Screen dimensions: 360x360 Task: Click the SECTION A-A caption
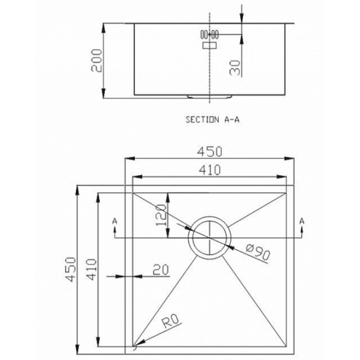pyautogui.click(x=212, y=120)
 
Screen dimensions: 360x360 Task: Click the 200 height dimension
pyautogui.click(x=96, y=61)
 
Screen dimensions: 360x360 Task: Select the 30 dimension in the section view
pyautogui.click(x=235, y=68)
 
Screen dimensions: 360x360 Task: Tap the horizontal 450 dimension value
pyautogui.click(x=210, y=152)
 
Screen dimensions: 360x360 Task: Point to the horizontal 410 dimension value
pyautogui.click(x=210, y=170)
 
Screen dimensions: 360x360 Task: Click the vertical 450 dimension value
pyautogui.click(x=70, y=269)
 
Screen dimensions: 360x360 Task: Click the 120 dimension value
pyautogui.click(x=161, y=215)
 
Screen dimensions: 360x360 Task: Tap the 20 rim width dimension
pyautogui.click(x=161, y=270)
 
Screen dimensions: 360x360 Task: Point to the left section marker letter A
pyautogui.click(x=115, y=221)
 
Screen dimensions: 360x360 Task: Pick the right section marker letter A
pyautogui.click(x=302, y=221)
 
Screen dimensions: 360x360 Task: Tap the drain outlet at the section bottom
pyautogui.click(x=209, y=97)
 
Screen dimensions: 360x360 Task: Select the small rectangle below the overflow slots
pyautogui.click(x=209, y=45)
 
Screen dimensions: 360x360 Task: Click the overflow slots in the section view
pyautogui.click(x=209, y=35)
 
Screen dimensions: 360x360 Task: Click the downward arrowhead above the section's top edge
pyautogui.click(x=241, y=18)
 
